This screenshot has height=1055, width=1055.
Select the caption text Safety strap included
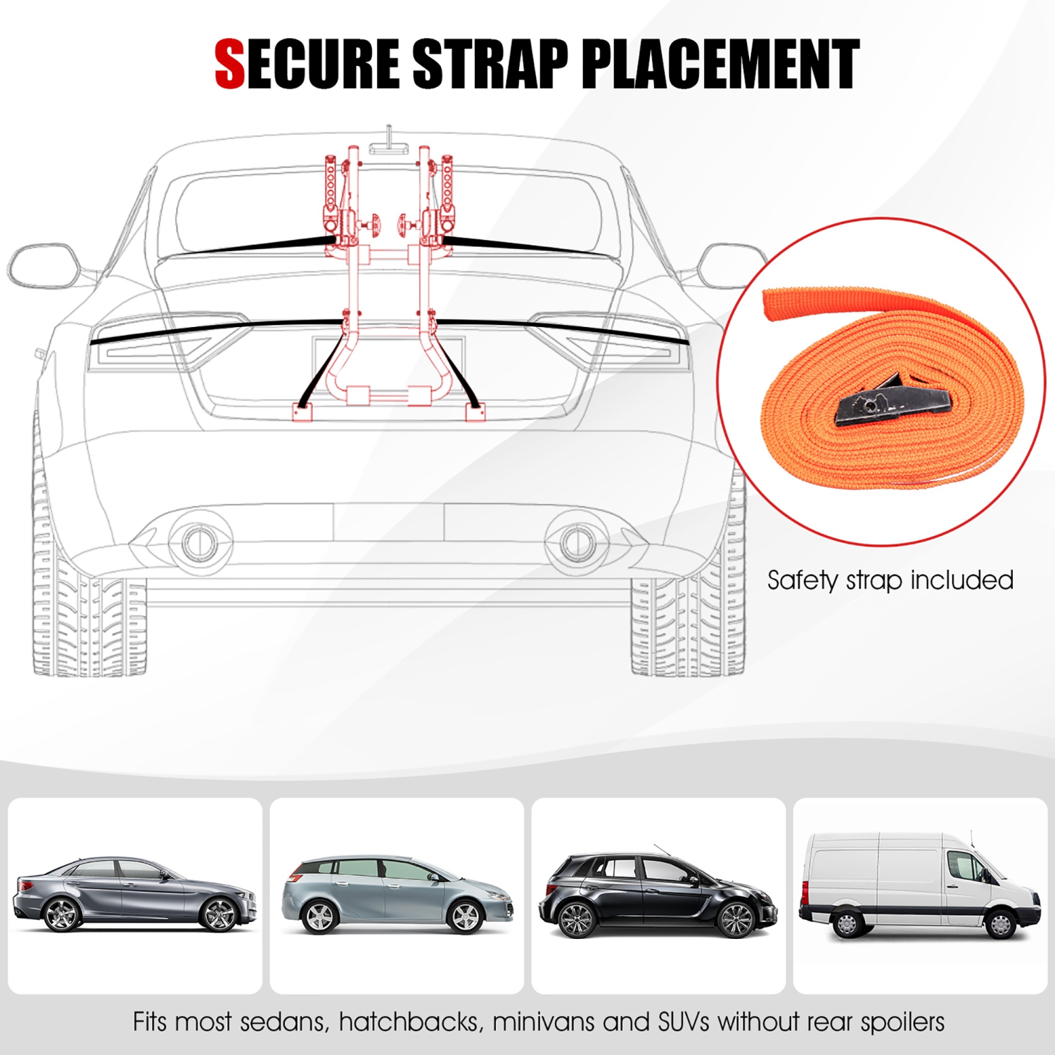(890, 580)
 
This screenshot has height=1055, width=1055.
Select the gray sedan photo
(134, 895)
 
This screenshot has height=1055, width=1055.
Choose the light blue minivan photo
(397, 895)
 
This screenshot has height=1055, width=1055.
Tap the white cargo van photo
(920, 895)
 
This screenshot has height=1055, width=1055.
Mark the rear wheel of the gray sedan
(61, 914)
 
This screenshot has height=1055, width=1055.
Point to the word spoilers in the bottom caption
(903, 1022)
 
